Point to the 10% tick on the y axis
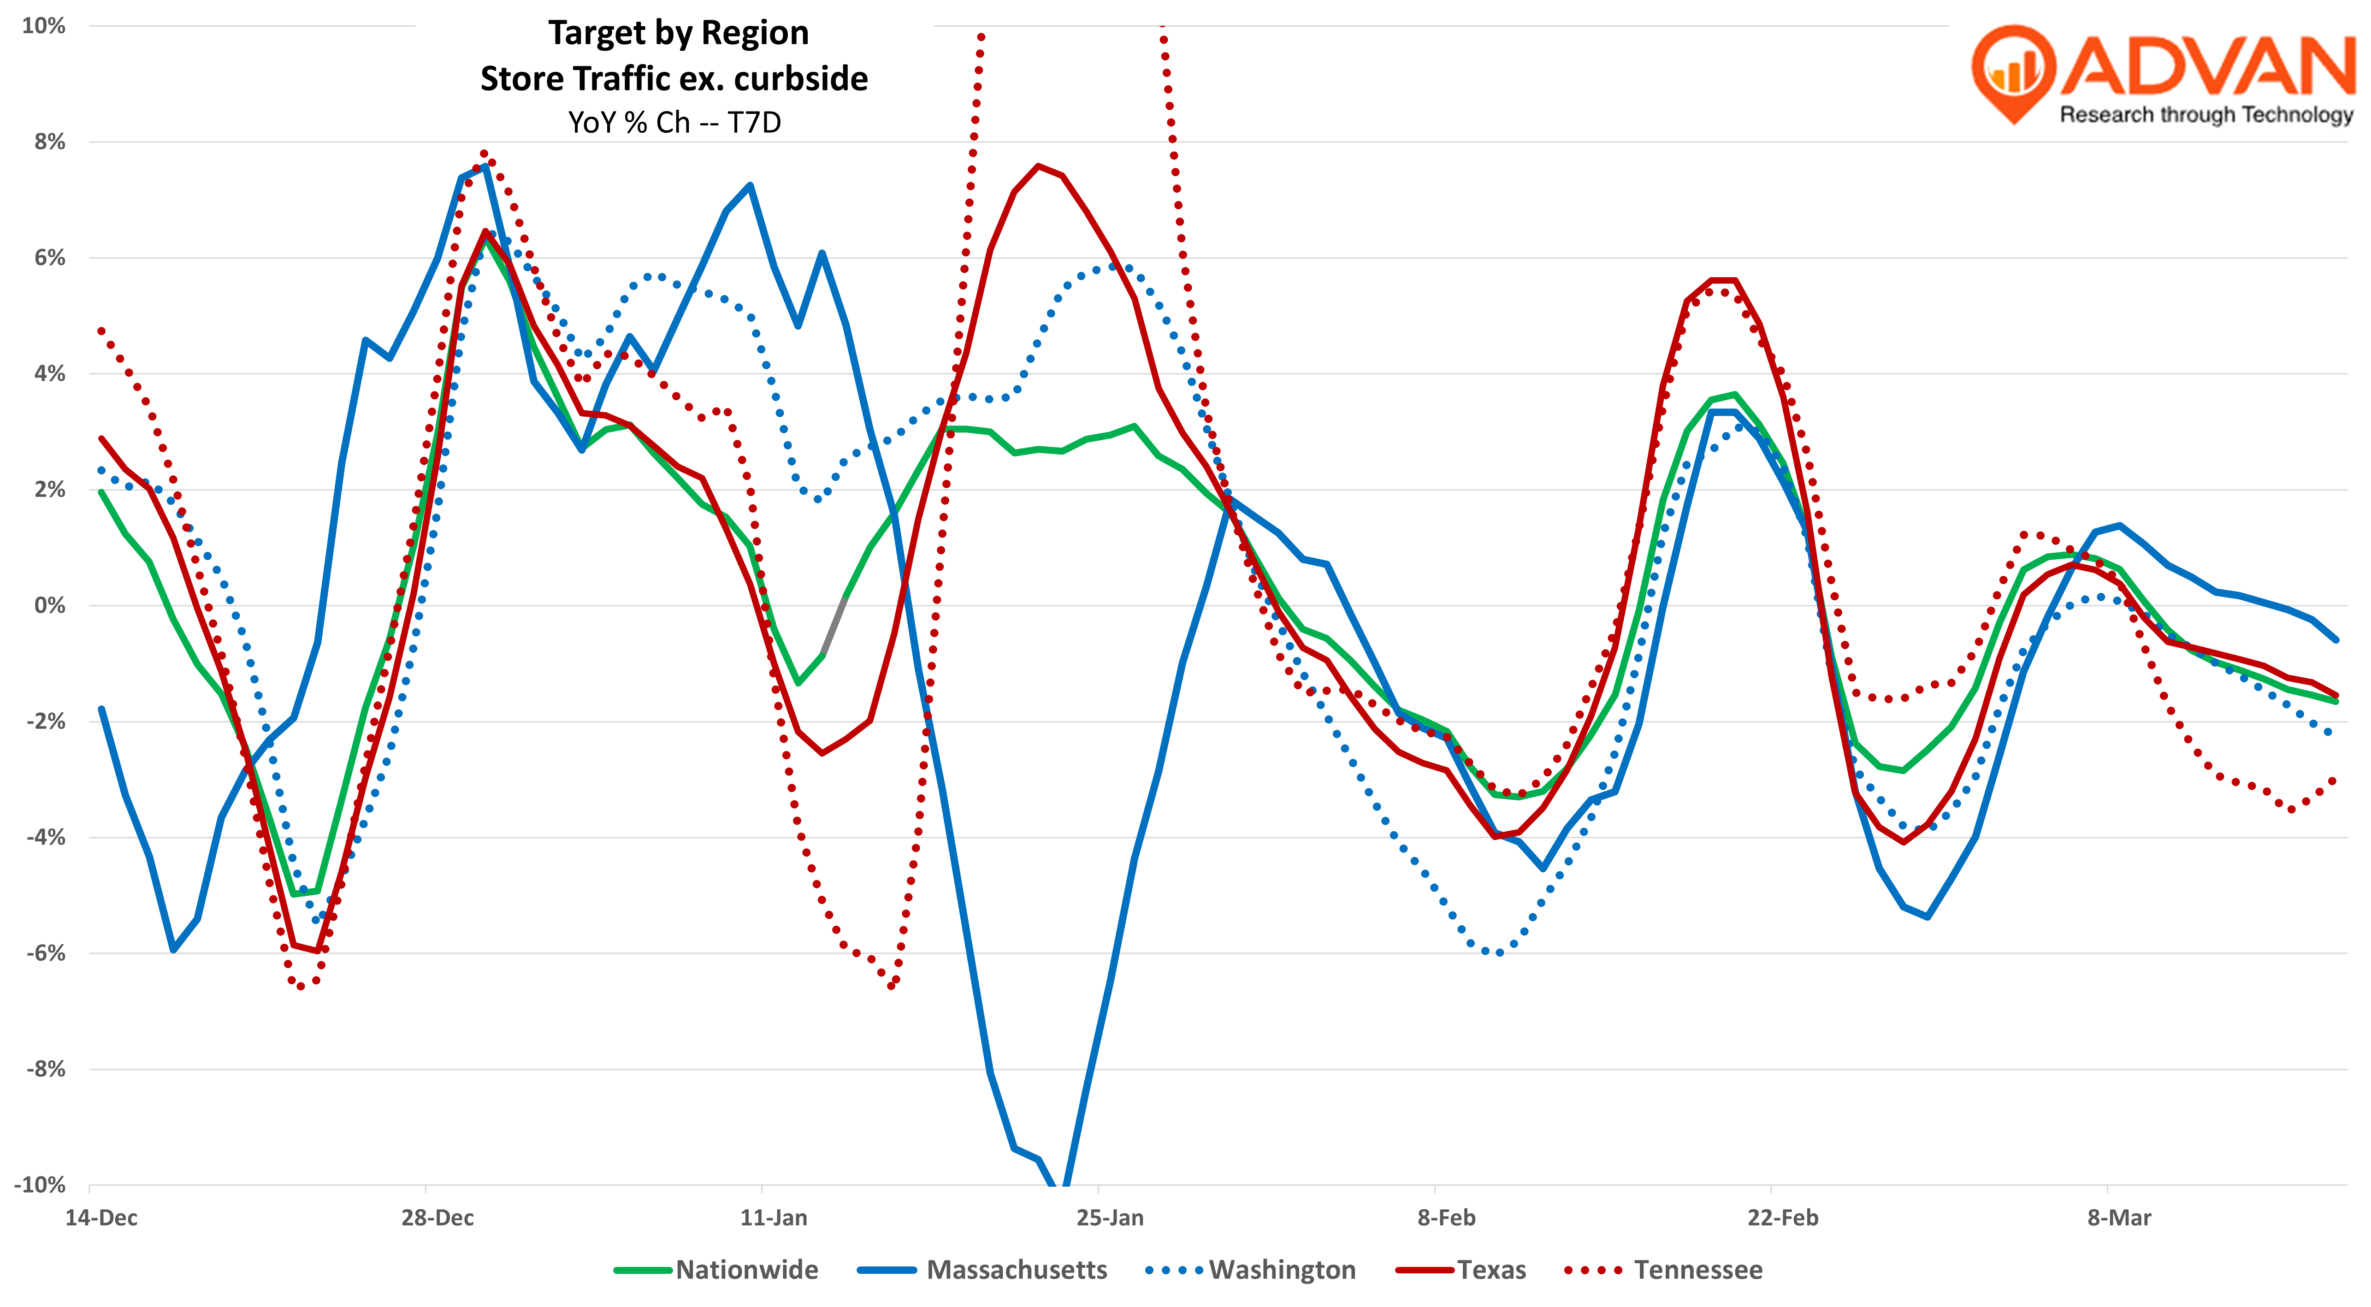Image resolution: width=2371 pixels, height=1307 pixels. pyautogui.click(x=44, y=26)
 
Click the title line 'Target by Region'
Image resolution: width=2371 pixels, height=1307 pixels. pyautogui.click(x=678, y=33)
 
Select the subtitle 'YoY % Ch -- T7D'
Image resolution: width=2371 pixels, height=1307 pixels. pyautogui.click(x=674, y=123)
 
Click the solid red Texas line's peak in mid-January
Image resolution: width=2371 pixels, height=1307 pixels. pyautogui.click(x=1038, y=166)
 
